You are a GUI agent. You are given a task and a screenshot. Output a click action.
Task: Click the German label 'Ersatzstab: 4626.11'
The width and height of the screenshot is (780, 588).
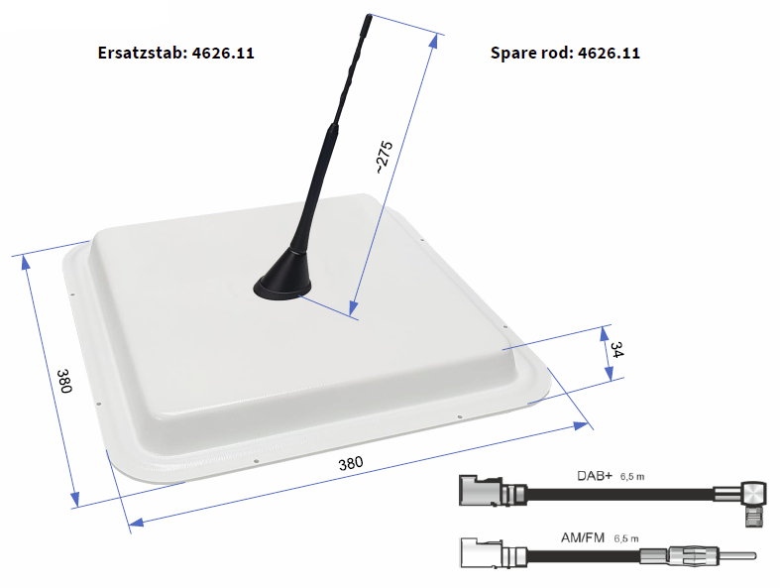[x=176, y=53]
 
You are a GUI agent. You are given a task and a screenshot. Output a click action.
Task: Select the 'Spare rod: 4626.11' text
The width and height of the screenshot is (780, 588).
[x=565, y=53]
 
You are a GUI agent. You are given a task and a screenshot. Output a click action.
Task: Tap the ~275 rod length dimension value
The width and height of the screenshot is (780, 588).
[x=385, y=158]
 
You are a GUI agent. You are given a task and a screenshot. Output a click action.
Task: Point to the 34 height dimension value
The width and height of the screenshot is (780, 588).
[x=616, y=350]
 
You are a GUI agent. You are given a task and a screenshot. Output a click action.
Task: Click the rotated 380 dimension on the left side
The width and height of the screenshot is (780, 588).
[x=64, y=382]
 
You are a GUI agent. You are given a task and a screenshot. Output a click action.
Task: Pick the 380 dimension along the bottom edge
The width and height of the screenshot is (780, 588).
[x=350, y=463]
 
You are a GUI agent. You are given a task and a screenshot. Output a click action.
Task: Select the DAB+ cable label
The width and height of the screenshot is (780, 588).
[x=595, y=477]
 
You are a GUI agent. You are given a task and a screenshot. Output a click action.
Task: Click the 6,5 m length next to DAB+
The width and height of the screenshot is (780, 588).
[x=632, y=478]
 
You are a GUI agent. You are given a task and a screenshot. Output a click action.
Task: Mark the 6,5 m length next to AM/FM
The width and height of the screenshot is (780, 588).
[x=626, y=538]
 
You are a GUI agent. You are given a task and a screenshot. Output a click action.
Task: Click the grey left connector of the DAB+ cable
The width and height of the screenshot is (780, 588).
[x=484, y=492]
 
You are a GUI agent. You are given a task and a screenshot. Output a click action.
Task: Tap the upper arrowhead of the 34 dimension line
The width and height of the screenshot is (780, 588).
[x=606, y=332]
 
